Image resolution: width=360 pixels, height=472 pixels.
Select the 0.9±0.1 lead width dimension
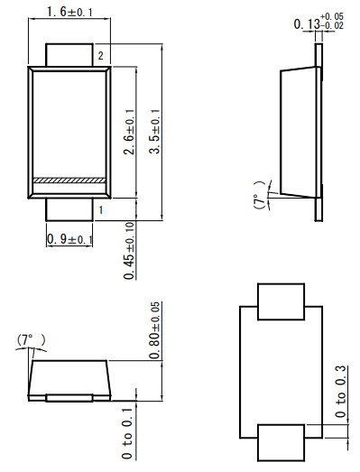(x=69, y=238)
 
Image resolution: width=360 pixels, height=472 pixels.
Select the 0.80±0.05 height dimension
(x=154, y=329)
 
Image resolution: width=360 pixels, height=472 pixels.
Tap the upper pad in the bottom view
(x=281, y=302)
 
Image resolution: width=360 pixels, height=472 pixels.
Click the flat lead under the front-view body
(x=69, y=398)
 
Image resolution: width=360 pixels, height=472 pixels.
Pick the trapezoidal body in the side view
(x=298, y=133)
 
